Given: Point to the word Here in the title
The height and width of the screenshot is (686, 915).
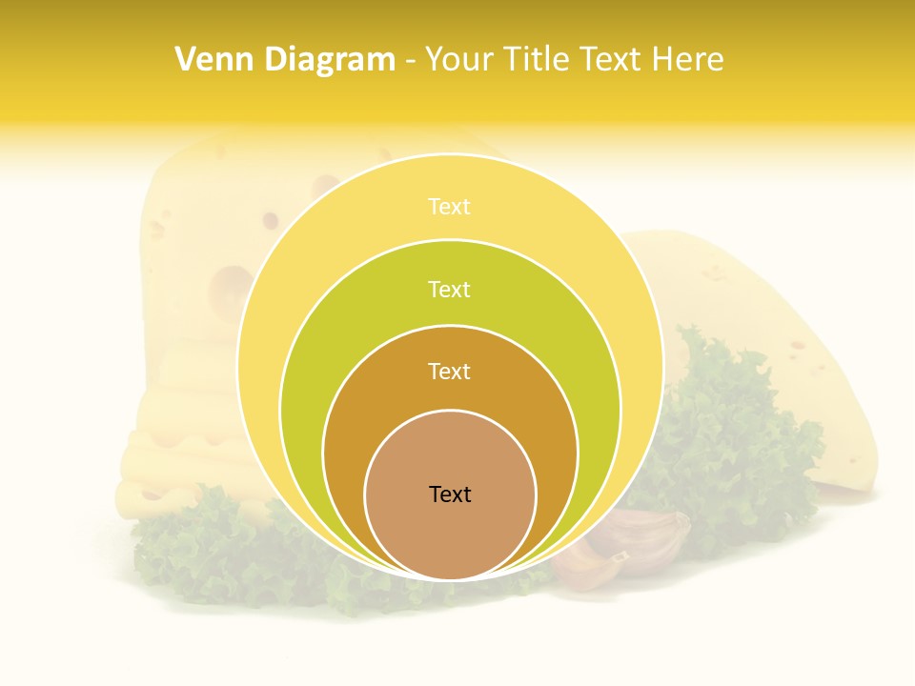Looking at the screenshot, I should pos(687,60).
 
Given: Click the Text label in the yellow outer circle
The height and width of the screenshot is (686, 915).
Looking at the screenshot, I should pos(450,207).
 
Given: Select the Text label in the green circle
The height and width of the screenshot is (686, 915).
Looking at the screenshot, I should pos(450,289).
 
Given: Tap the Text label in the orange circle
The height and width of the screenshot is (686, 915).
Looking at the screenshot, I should pos(450,371).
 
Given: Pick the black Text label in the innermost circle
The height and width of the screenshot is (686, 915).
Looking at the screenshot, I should pos(450,494).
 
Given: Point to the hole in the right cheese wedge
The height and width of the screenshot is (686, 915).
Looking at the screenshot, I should pos(797,344).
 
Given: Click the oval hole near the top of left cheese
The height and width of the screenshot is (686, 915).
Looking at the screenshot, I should pos(326,182).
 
